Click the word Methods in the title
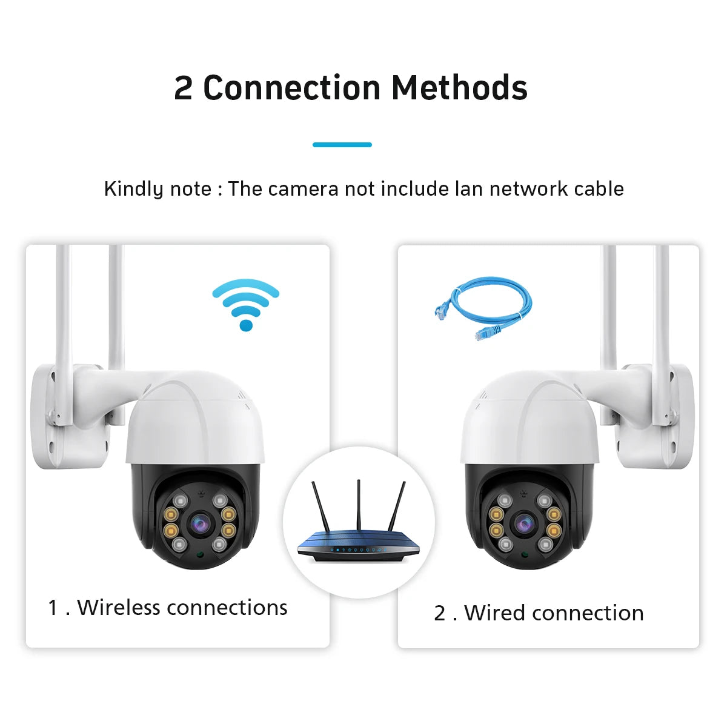(459, 88)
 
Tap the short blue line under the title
(342, 145)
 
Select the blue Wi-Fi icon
(245, 304)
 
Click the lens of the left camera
(198, 522)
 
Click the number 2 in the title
(183, 88)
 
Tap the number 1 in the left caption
(53, 608)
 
